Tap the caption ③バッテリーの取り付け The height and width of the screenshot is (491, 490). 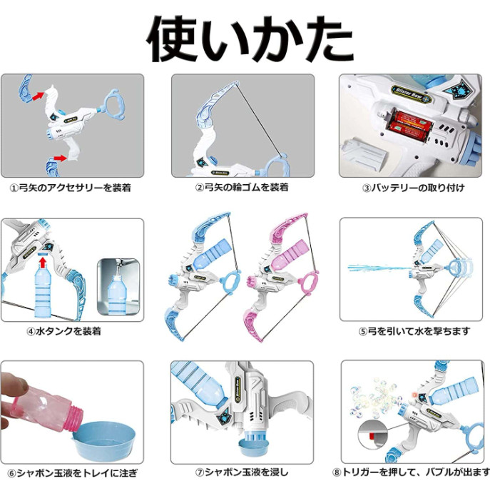(412, 188)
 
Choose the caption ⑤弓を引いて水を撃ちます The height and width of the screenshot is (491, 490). (414, 330)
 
